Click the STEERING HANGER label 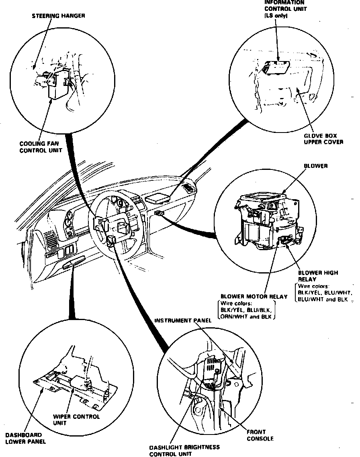click(x=58, y=16)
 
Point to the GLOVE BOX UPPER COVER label click(x=323, y=139)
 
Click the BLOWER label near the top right click(x=315, y=166)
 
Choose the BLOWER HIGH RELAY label click(x=317, y=276)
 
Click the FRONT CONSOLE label click(x=260, y=435)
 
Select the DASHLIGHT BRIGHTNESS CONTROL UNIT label click(x=184, y=451)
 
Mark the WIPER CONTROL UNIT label click(x=76, y=420)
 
